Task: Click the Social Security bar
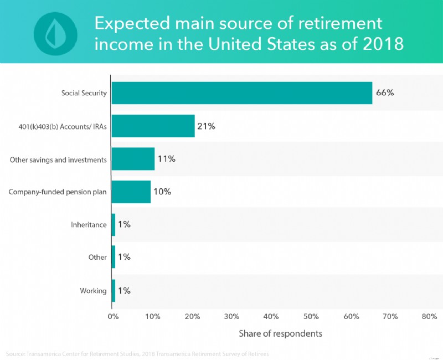[x=242, y=93]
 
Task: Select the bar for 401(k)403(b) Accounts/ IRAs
[x=153, y=126]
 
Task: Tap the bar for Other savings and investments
[x=133, y=159]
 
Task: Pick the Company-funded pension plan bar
[x=131, y=192]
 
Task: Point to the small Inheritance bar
[x=114, y=224]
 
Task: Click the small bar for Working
[x=114, y=290]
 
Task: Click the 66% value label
[x=385, y=93]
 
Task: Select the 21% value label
[x=206, y=126]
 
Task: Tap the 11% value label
[x=166, y=159]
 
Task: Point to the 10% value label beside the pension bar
[x=162, y=192]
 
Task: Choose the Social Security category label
[x=84, y=93]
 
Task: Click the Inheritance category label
[x=89, y=224]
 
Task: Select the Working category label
[x=92, y=290]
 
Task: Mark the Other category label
[x=97, y=258]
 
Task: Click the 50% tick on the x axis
[x=311, y=316]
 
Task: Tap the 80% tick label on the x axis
[x=429, y=316]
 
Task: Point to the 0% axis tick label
[x=113, y=316]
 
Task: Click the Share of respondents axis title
[x=280, y=334]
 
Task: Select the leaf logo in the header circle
[x=55, y=30]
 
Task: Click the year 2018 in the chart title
[x=379, y=44]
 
